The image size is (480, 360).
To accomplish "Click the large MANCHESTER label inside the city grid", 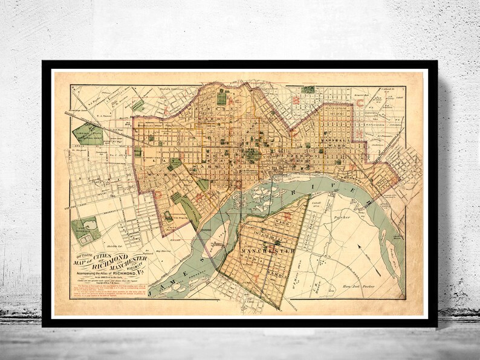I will pyautogui.click(x=267, y=249).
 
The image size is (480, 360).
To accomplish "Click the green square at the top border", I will pyautogui.click(x=308, y=89).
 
